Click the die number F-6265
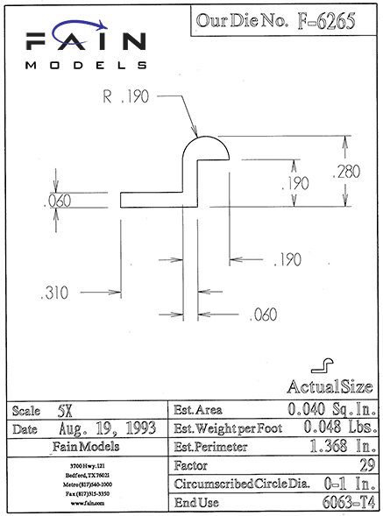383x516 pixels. [x=326, y=21]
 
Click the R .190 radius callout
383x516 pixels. [x=126, y=96]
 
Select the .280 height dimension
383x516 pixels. [x=346, y=172]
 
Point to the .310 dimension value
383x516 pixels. [x=54, y=293]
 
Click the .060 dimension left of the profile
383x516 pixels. [x=58, y=201]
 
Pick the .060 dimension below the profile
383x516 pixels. [x=263, y=315]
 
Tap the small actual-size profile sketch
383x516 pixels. [x=322, y=366]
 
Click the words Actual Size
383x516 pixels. [x=330, y=386]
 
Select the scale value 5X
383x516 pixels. [x=65, y=411]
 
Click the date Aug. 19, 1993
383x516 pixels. [x=107, y=428]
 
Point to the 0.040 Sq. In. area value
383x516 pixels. [x=332, y=409]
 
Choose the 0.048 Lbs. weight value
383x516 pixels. [x=340, y=427]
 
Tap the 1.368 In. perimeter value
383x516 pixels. [x=343, y=446]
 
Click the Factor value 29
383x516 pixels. [x=367, y=465]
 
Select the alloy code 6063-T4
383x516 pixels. [x=349, y=502]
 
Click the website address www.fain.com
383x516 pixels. [x=88, y=503]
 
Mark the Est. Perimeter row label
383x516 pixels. [x=210, y=447]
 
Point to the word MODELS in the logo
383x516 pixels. [x=86, y=65]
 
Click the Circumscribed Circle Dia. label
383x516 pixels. [x=242, y=484]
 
